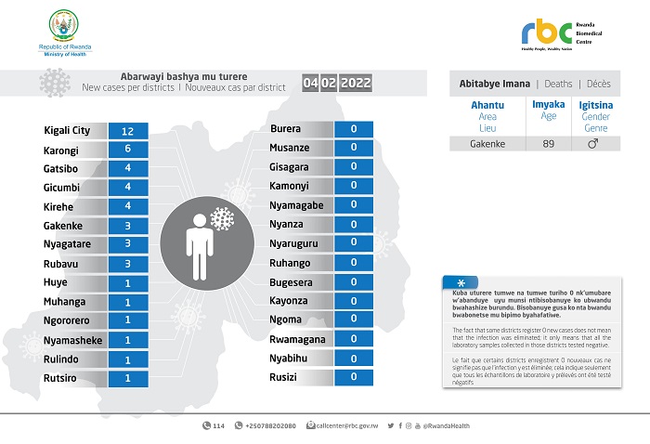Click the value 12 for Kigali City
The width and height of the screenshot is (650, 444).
tap(135, 131)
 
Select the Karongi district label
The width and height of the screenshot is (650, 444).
tap(60, 150)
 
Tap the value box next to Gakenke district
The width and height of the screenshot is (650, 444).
tap(135, 225)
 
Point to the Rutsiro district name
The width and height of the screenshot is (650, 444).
tap(59, 378)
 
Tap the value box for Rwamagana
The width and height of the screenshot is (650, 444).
tap(354, 339)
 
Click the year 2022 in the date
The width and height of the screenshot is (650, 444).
tap(356, 84)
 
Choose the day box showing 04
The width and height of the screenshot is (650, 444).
tap(310, 84)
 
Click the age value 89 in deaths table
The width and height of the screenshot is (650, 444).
tap(548, 144)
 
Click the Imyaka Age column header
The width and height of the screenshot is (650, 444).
tap(548, 111)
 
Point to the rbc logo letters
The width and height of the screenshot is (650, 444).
tap(544, 33)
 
